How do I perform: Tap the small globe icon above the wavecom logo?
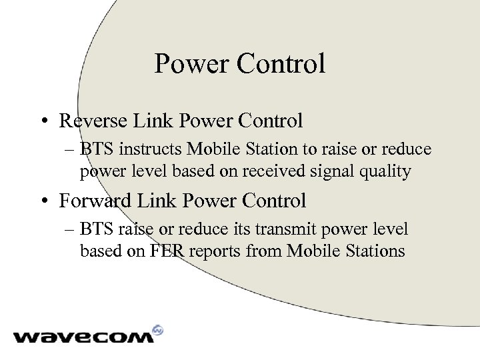pyautogui.click(x=158, y=329)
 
